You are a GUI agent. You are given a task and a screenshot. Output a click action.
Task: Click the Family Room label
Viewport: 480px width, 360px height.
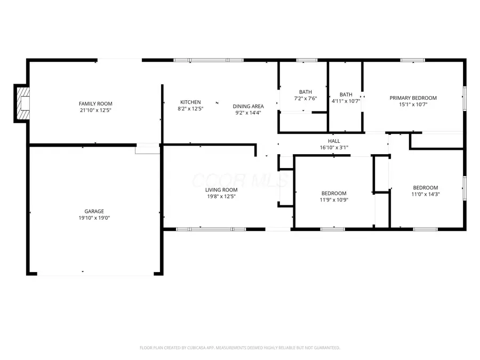(95, 103)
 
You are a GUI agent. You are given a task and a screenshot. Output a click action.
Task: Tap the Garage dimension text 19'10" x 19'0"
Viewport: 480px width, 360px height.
(94, 218)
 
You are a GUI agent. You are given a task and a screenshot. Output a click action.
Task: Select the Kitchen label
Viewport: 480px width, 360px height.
(190, 102)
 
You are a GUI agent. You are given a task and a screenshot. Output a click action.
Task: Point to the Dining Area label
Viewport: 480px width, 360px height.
(248, 106)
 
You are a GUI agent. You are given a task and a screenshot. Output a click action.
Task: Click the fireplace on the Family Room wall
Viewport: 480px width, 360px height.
(23, 103)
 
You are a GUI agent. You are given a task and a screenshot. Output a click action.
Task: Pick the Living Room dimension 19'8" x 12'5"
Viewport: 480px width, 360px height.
(221, 196)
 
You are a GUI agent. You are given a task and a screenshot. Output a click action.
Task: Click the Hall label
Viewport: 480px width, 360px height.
(334, 141)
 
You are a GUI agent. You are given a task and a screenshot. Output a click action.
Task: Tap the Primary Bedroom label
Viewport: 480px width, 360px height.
(413, 98)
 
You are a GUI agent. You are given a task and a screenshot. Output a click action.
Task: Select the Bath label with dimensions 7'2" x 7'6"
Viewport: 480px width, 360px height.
(305, 92)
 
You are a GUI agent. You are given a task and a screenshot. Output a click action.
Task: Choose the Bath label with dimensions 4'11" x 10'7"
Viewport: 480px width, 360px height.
(346, 94)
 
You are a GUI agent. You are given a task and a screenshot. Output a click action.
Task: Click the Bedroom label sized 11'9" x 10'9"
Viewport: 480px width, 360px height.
(333, 193)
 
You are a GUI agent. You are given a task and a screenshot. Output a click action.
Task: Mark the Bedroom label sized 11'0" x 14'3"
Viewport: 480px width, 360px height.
(425, 187)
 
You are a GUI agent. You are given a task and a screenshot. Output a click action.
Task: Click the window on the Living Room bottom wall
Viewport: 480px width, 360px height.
(211, 229)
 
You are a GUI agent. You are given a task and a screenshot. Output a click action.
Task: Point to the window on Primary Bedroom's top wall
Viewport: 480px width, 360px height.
(412, 60)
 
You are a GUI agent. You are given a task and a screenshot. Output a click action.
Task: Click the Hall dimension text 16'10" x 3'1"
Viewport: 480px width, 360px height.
(334, 147)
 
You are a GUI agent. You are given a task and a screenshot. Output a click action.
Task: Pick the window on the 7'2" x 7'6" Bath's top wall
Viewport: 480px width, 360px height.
(307, 60)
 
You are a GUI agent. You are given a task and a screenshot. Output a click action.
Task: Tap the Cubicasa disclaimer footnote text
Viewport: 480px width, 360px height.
(239, 348)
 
